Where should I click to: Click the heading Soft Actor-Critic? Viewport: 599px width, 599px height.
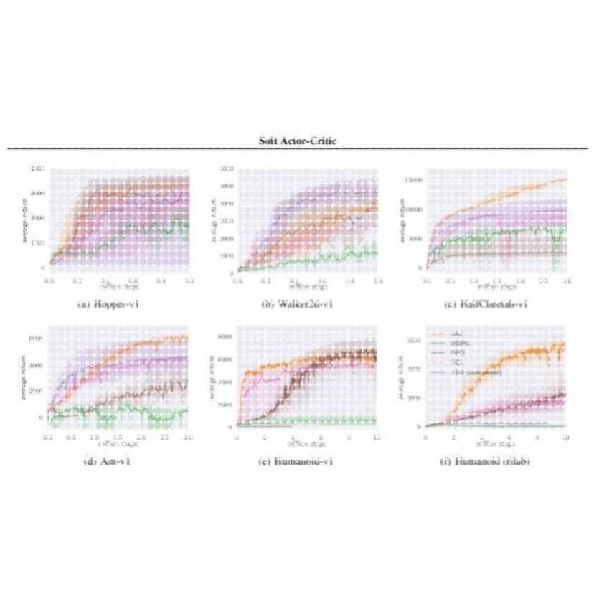tap(299, 141)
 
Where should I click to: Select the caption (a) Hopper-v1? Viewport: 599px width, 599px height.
tap(108, 304)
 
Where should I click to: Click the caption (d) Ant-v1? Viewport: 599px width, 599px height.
tap(107, 461)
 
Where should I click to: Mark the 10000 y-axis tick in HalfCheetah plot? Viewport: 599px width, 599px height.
tap(414, 209)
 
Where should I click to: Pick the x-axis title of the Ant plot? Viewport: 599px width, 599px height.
tap(118, 443)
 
